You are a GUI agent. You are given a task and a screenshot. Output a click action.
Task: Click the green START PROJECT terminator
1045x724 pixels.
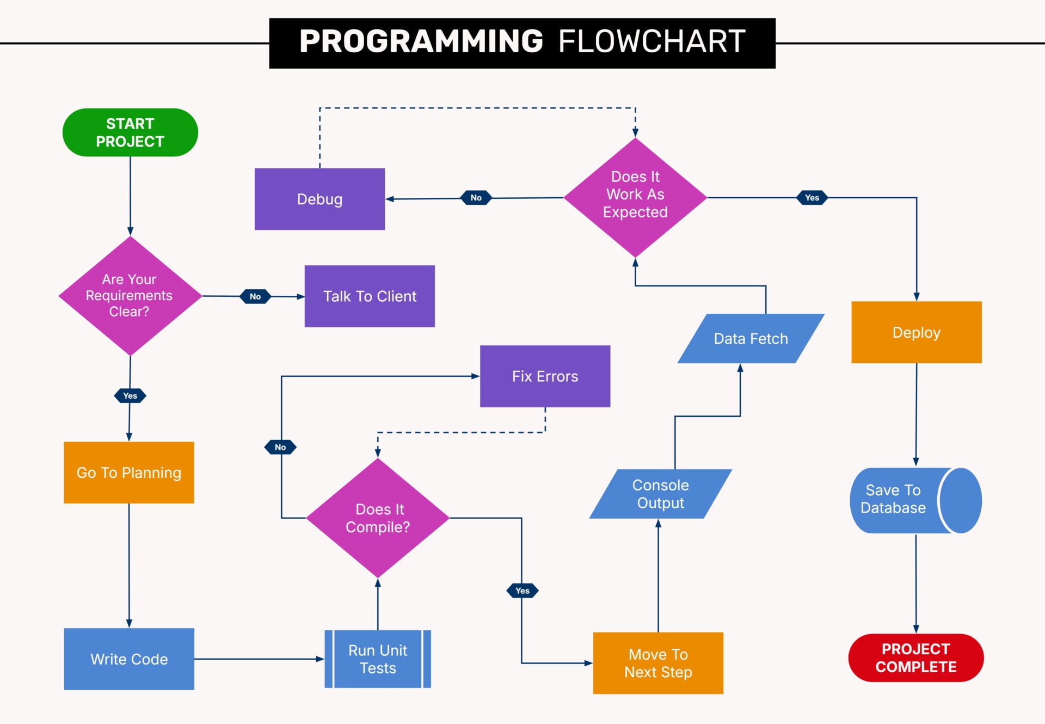130,132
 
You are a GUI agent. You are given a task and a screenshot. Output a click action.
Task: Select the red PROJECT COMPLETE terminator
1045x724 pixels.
915,658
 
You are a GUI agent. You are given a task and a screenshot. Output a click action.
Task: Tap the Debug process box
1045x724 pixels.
319,199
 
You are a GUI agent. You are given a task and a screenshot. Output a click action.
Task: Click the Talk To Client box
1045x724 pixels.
370,296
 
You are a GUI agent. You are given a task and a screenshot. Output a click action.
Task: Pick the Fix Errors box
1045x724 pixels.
545,376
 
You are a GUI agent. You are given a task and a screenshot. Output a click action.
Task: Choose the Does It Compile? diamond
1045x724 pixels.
378,518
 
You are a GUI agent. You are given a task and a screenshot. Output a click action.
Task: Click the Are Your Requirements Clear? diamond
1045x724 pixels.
130,296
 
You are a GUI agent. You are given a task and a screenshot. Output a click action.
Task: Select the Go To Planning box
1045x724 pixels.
129,472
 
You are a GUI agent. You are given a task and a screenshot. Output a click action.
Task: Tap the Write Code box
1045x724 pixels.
129,659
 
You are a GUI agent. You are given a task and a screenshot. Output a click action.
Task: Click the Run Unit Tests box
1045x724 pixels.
378,659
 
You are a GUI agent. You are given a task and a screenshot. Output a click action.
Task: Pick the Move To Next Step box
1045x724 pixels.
658,663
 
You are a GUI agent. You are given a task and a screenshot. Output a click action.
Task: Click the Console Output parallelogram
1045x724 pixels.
660,494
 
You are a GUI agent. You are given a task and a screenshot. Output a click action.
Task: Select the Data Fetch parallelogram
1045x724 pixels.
751,338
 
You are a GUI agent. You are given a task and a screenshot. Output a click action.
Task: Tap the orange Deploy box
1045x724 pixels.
916,332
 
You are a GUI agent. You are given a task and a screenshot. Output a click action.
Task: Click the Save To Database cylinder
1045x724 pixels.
903,500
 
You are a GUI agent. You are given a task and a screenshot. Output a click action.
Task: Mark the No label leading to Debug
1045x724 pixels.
476,198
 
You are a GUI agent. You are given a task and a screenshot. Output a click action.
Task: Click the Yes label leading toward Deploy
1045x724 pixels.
812,198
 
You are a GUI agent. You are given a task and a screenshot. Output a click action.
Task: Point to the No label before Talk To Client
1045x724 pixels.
255,296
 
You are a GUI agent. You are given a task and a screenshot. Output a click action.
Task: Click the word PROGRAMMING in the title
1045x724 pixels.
421,41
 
